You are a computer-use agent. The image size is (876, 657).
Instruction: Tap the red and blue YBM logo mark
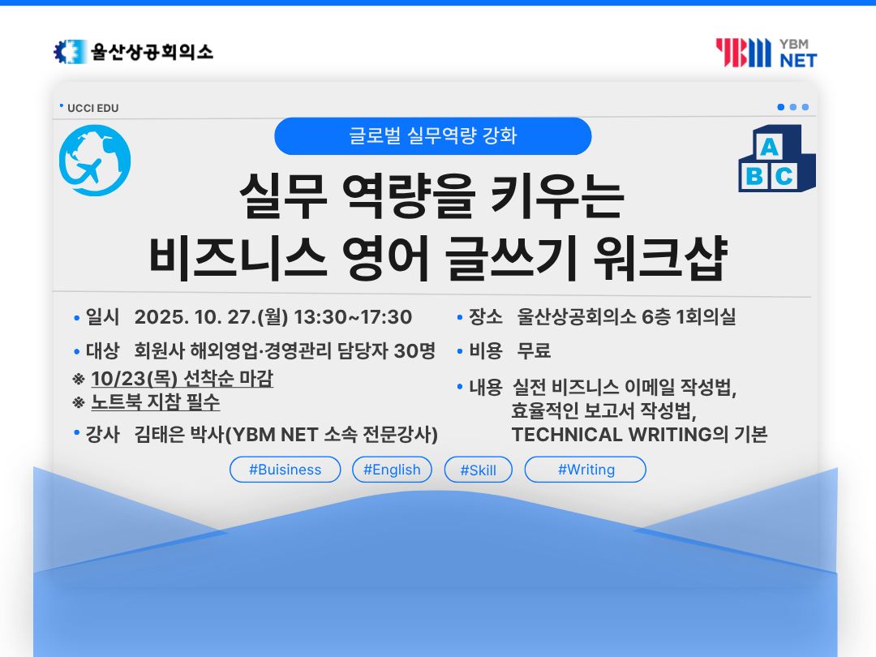click(x=743, y=53)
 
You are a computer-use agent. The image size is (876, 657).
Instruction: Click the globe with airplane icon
click(x=95, y=161)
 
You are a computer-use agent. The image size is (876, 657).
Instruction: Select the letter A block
click(x=769, y=146)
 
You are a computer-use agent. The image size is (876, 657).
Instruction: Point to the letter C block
click(x=784, y=176)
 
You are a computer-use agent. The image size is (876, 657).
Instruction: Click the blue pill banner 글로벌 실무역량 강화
click(x=433, y=135)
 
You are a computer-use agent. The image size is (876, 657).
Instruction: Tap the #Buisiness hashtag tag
click(x=285, y=470)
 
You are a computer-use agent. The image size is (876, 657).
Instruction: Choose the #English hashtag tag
click(x=393, y=470)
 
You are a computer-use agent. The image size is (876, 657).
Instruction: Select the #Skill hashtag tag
click(x=479, y=470)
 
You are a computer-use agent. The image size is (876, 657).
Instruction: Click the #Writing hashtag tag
click(x=586, y=470)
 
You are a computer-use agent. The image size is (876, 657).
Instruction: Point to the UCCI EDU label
click(x=92, y=108)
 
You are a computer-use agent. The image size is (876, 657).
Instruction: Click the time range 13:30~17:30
click(x=353, y=317)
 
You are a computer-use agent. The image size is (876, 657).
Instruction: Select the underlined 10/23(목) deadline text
click(x=182, y=378)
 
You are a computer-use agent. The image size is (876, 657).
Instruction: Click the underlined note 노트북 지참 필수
click(x=155, y=401)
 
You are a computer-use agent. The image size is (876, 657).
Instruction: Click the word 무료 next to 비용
click(x=534, y=351)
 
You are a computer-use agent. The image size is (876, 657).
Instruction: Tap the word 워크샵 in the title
click(x=660, y=258)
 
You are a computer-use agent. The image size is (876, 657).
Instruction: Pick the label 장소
click(x=486, y=317)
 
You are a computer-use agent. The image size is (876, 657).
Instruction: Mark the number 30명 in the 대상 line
click(x=414, y=351)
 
